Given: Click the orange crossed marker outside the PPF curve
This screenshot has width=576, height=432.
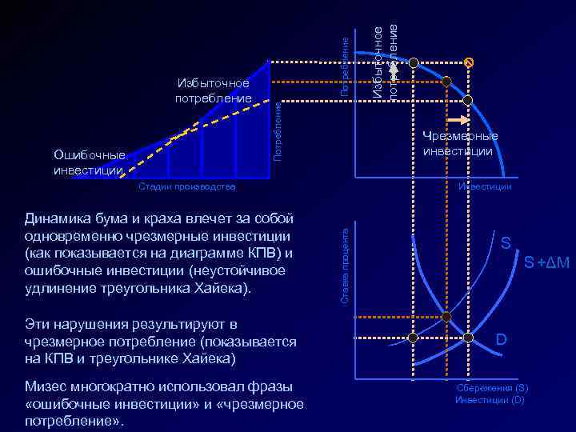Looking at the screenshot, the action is click(x=470, y=62).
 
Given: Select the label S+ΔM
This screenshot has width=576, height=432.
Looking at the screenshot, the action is click(x=546, y=262).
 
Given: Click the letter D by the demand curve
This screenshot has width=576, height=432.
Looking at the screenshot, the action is click(x=500, y=340).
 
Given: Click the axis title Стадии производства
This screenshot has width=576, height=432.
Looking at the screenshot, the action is click(x=186, y=187).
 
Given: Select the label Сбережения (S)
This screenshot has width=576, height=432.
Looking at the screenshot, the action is click(x=491, y=388).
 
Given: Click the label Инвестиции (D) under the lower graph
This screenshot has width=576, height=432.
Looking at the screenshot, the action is click(x=490, y=399).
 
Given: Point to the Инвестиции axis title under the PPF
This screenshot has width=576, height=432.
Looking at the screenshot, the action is click(x=485, y=186).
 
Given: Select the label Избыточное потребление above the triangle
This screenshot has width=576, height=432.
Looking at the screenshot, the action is click(x=214, y=90).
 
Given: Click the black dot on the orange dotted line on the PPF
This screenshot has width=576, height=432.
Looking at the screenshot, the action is click(x=447, y=81).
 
